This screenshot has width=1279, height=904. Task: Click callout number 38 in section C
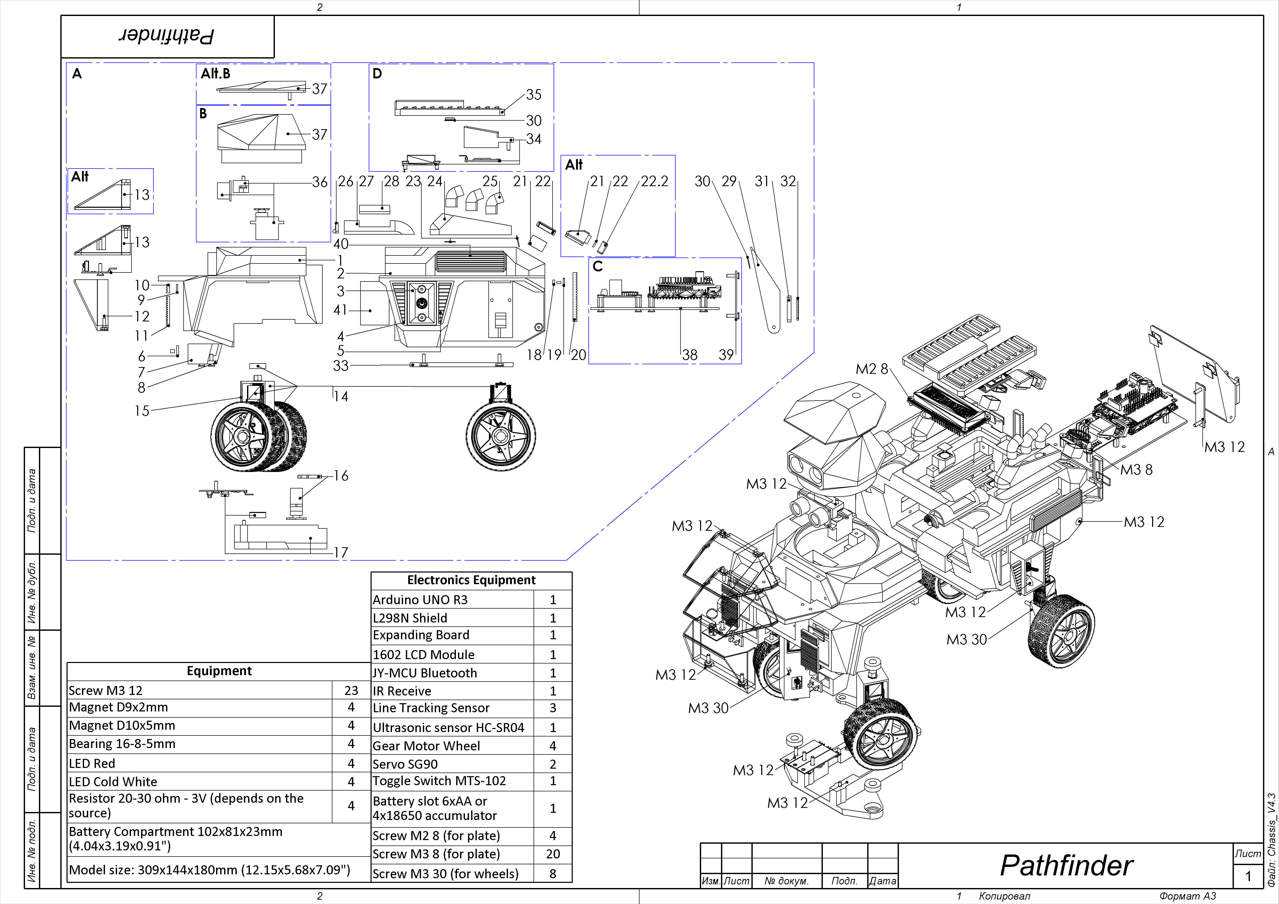tap(690, 355)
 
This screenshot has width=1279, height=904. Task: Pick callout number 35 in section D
tap(534, 95)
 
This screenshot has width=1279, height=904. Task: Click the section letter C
tap(598, 266)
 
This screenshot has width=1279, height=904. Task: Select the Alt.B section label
tap(216, 73)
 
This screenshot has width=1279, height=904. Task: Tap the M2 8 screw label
tap(872, 369)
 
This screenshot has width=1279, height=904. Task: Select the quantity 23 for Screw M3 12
tap(351, 690)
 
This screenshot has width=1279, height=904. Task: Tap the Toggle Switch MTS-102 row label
tap(439, 781)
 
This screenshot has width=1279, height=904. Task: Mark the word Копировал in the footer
tap(1004, 896)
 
